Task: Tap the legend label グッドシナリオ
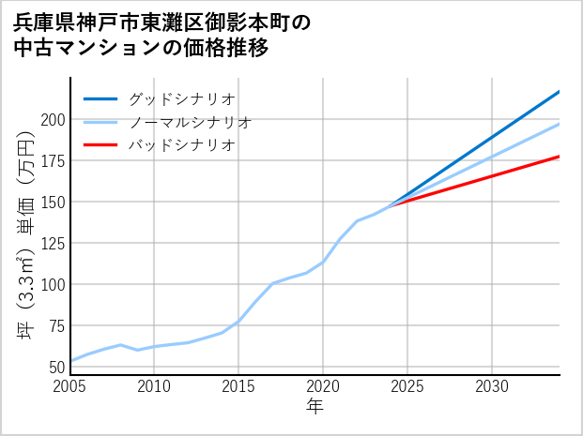point(181,98)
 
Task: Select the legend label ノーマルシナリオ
point(190,122)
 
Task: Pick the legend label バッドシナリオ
point(181,145)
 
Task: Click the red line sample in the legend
point(100,145)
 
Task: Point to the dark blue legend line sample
point(100,98)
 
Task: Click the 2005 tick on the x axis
point(70,386)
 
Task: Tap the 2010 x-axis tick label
point(155,386)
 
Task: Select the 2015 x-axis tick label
point(238,386)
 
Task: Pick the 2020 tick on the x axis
point(323,386)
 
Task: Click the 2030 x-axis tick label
point(492,386)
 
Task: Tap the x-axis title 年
point(315,407)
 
